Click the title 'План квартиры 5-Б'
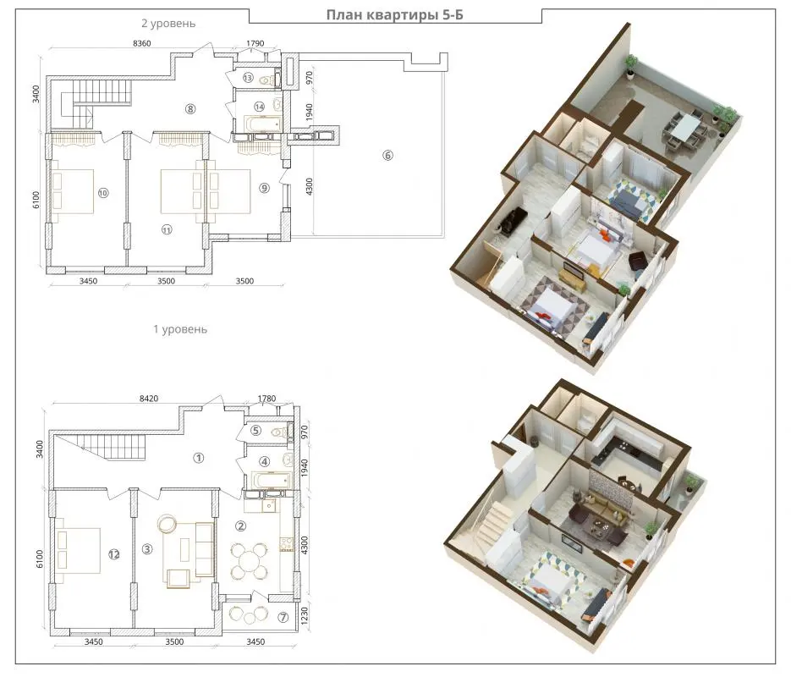pyautogui.click(x=394, y=15)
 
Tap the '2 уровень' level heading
pyautogui.click(x=168, y=23)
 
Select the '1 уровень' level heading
pyautogui.click(x=180, y=329)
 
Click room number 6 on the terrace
pyautogui.click(x=387, y=156)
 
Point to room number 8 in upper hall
pyautogui.click(x=190, y=108)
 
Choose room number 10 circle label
pyautogui.click(x=103, y=193)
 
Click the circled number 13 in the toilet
pyautogui.click(x=248, y=78)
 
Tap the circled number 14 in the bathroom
pyautogui.click(x=259, y=107)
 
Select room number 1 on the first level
pyautogui.click(x=199, y=458)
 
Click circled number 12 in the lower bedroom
pyautogui.click(x=113, y=554)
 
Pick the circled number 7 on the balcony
pyautogui.click(x=283, y=617)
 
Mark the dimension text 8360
pyautogui.click(x=142, y=43)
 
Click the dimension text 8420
pyautogui.click(x=149, y=399)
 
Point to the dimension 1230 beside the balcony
pyautogui.click(x=305, y=617)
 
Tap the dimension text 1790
pyautogui.click(x=255, y=43)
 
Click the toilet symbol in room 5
pyautogui.click(x=278, y=432)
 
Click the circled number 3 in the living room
pyautogui.click(x=147, y=548)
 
